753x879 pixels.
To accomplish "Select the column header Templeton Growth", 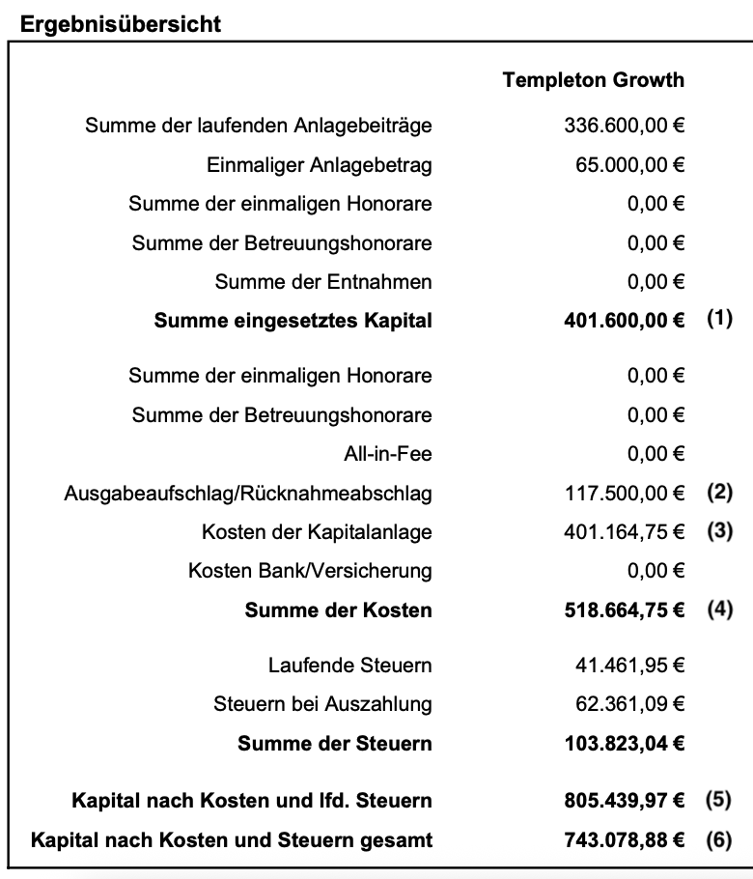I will click(x=593, y=80).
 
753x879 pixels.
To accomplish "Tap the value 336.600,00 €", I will click(x=624, y=126).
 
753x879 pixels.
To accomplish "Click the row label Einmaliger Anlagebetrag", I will click(x=320, y=165).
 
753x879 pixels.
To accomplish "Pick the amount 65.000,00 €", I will click(x=629, y=165).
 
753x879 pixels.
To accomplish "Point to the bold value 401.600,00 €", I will click(x=624, y=321).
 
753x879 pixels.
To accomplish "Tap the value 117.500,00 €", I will click(x=624, y=494).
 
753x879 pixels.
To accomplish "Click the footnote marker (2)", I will click(x=719, y=493).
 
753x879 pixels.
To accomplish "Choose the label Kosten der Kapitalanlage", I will click(x=317, y=532).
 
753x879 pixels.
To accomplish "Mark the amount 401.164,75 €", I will click(x=624, y=532).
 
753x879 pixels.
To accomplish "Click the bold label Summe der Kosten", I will click(x=338, y=610).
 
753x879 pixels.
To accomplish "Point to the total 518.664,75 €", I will click(x=624, y=610).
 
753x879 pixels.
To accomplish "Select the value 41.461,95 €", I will click(x=629, y=666).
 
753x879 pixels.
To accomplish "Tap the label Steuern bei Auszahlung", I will click(x=322, y=704).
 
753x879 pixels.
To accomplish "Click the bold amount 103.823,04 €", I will click(x=624, y=744).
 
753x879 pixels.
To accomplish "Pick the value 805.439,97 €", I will click(x=624, y=801).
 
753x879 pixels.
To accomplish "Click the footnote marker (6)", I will click(x=719, y=838).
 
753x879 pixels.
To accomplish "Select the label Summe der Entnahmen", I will click(x=323, y=282).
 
